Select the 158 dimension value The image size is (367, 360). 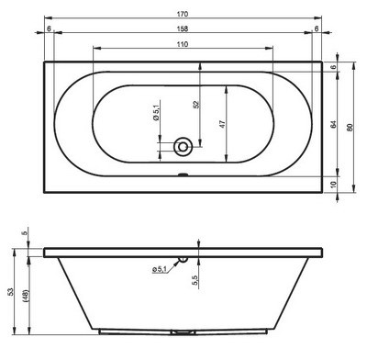pos(184,28)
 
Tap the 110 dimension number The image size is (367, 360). pos(184,44)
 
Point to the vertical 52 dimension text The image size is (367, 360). pos(195,106)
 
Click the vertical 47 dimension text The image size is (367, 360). pos(221,123)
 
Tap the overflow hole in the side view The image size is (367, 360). pos(183,259)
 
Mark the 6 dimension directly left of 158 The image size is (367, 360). pos(47,28)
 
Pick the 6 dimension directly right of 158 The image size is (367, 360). pos(317,28)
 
